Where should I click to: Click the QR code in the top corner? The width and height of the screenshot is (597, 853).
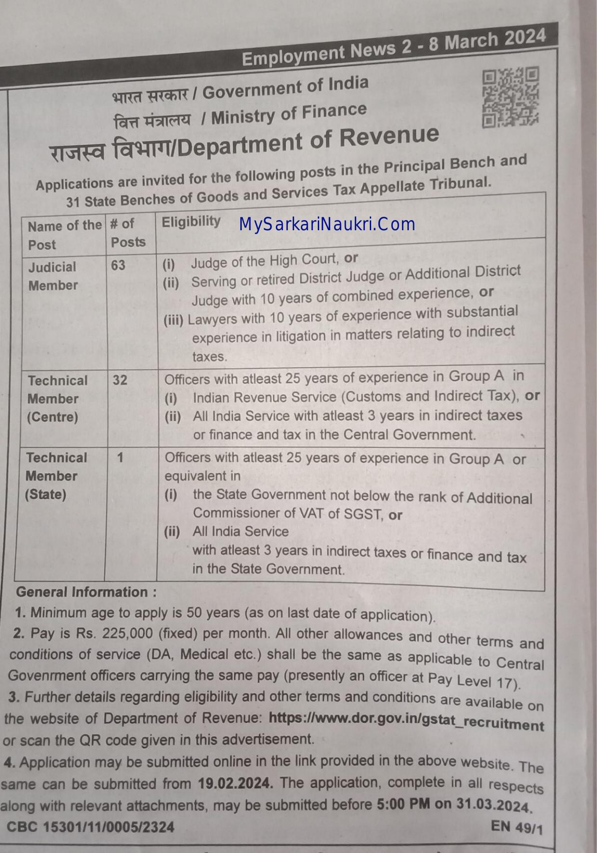pyautogui.click(x=510, y=97)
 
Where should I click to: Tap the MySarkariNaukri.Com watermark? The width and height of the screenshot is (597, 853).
pyautogui.click(x=327, y=224)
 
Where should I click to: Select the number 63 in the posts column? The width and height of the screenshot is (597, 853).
pyautogui.click(x=118, y=265)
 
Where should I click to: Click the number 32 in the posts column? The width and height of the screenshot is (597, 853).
pyautogui.click(x=120, y=381)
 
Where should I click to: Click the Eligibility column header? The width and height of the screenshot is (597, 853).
pyautogui.click(x=191, y=222)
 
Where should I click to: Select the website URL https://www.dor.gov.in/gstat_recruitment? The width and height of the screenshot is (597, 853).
pyautogui.click(x=406, y=721)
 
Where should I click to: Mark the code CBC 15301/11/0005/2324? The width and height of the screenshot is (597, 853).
pyautogui.click(x=91, y=827)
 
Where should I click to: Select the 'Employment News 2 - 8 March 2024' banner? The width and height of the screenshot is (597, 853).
pyautogui.click(x=393, y=48)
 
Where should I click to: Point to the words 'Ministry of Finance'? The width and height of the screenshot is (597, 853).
pyautogui.click(x=289, y=114)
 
